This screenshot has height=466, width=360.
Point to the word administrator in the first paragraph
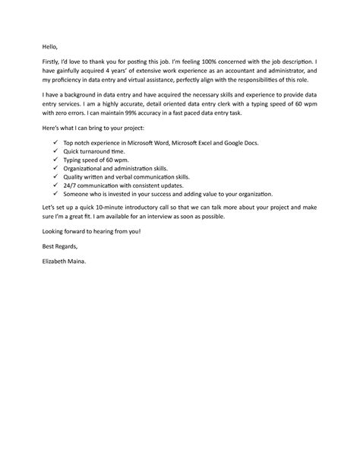pos(285,70)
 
